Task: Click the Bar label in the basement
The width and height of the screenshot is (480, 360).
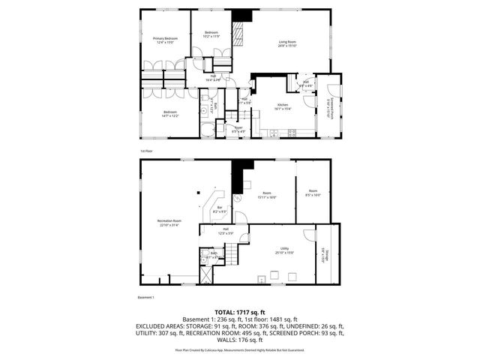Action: (220, 209)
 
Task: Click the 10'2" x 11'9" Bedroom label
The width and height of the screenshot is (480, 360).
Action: (211, 34)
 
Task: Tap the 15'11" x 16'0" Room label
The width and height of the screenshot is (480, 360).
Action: (266, 195)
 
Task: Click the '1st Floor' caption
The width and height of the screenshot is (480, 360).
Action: (146, 152)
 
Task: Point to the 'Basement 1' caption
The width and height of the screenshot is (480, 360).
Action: (145, 298)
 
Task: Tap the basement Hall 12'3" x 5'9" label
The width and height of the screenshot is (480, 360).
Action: (226, 232)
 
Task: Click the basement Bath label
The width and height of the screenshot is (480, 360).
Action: (213, 255)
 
